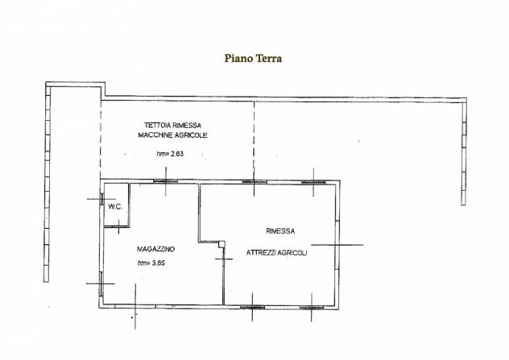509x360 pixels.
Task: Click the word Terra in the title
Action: click(x=269, y=59)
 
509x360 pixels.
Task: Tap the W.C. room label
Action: click(x=115, y=207)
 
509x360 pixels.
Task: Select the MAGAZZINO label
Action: click(x=155, y=249)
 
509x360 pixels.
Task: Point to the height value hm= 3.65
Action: click(x=151, y=263)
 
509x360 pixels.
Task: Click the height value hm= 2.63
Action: click(x=170, y=154)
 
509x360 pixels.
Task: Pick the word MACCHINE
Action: click(x=154, y=135)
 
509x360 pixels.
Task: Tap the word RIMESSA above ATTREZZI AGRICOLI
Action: click(x=280, y=231)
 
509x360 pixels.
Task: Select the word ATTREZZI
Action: click(x=260, y=253)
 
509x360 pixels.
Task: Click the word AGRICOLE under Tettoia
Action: click(x=190, y=135)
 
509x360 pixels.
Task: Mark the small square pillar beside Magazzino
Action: click(x=221, y=244)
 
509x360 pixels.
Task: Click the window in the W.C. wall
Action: click(x=101, y=199)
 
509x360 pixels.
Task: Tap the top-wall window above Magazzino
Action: click(x=166, y=181)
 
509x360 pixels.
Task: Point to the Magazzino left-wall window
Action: click(x=101, y=283)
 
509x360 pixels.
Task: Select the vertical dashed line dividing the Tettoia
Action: click(x=254, y=140)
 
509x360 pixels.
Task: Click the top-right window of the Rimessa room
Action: click(x=313, y=183)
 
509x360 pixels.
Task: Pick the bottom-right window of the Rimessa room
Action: click(x=312, y=308)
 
